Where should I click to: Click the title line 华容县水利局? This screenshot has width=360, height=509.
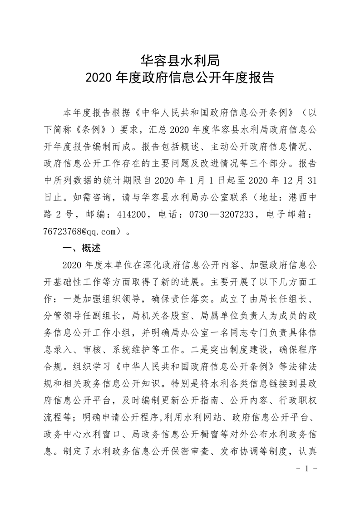[180, 61]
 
